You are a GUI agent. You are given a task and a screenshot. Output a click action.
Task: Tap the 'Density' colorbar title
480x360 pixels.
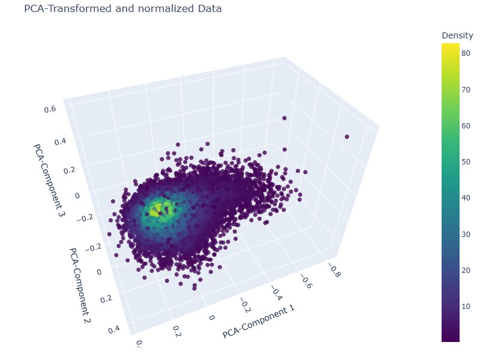pos(457,35)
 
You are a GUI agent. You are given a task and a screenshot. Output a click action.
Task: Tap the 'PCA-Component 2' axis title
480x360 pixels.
pos(79,287)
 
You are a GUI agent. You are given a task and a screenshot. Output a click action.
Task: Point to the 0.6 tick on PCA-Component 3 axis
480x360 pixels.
pos(50,109)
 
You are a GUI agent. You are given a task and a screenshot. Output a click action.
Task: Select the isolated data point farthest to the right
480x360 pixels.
pos(347,137)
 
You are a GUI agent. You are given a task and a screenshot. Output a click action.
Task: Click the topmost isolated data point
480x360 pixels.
pos(284,118)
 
